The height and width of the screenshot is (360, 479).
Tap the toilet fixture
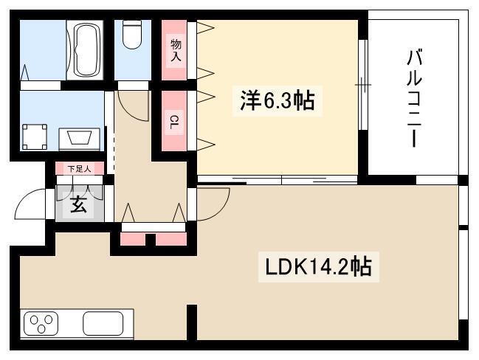[x=132, y=34]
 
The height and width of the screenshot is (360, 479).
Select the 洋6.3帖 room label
[x=278, y=101]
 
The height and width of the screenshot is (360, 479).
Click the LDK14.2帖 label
[x=318, y=266]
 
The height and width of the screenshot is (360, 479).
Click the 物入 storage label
[x=176, y=50]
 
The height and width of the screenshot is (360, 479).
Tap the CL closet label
[x=174, y=122]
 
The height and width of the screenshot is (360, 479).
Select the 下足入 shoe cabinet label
[x=79, y=169]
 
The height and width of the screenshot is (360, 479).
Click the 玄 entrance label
[x=78, y=204]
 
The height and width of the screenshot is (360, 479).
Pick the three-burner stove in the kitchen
[x=41, y=324]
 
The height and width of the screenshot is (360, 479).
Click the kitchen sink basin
[x=103, y=323]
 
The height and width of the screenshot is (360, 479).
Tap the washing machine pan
[x=35, y=136]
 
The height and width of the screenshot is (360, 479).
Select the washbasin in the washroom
[x=80, y=138]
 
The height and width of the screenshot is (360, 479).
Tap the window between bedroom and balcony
[x=362, y=85]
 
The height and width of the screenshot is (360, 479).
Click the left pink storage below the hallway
[x=133, y=239]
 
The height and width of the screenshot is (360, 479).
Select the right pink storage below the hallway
[x=171, y=239]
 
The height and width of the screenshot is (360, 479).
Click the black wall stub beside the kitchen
[x=192, y=322]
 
